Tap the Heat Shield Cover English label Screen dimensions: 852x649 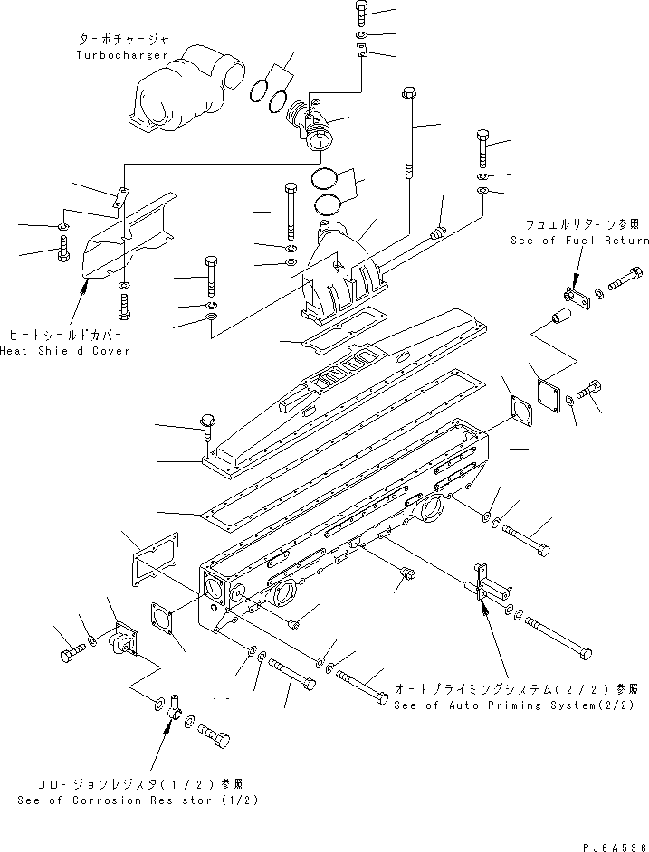pos(65,350)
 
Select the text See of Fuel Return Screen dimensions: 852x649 pos(579,241)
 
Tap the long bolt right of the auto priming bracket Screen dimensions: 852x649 pos(556,637)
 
